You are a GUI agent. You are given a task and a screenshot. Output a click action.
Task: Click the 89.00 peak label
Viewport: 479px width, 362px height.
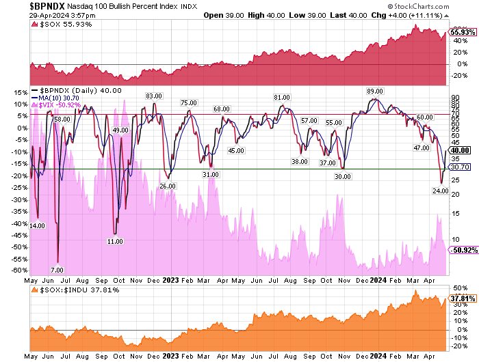pos(374,92)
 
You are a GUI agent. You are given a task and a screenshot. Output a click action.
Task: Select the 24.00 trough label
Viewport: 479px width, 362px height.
pos(440,191)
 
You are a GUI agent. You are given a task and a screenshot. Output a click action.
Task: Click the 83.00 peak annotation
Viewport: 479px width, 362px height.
pos(153,96)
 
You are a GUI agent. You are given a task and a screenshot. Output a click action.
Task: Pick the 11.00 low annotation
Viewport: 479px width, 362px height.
pos(115,242)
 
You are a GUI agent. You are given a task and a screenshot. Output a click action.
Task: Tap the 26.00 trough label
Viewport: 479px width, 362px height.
pos(167,185)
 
